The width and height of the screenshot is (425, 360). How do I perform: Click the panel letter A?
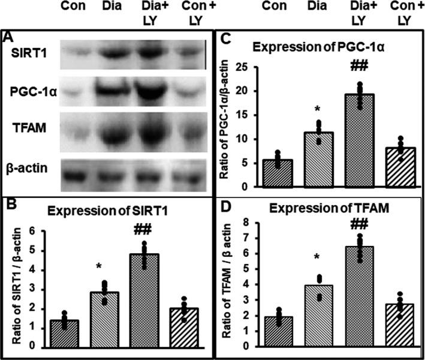pos(8,38)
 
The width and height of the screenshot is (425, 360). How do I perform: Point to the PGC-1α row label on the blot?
pos(28,92)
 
